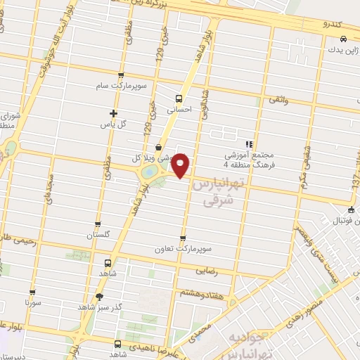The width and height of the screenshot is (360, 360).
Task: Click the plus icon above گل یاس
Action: click(x=113, y=113)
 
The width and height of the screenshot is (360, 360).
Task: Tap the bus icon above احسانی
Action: click(x=179, y=98)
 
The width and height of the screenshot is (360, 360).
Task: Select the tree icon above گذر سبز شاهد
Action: click(x=99, y=296)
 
